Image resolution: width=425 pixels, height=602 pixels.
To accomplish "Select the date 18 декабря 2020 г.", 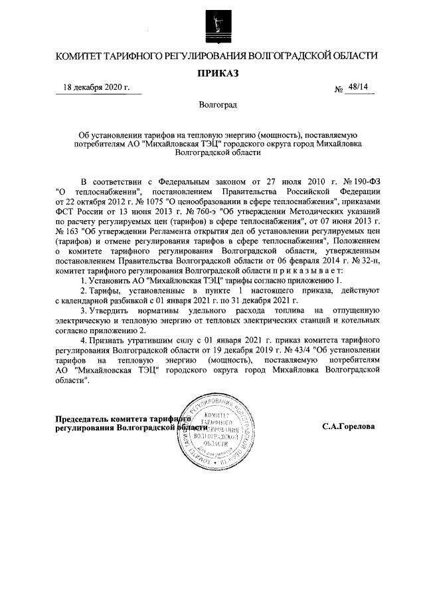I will pyautogui.click(x=96, y=88).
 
